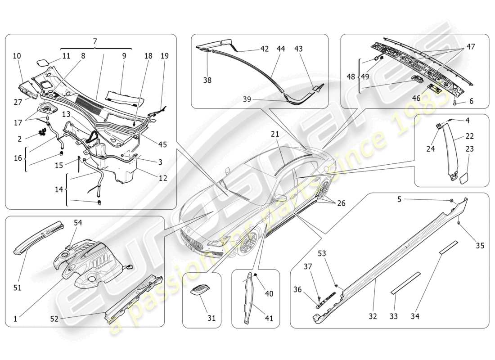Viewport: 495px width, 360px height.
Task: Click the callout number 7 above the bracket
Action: pos(95,41)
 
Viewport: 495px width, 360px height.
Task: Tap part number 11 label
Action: pos(66,56)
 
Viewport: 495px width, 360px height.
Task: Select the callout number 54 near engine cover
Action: pos(78,223)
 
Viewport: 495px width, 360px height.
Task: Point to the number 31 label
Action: pos(211,318)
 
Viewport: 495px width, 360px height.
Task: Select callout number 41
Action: pos(269,318)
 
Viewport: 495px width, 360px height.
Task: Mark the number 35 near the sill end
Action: pos(480,246)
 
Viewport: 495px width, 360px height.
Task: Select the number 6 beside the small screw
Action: pos(471,102)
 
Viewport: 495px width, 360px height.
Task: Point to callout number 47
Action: pos(470,46)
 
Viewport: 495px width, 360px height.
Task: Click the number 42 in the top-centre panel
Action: pos(265,49)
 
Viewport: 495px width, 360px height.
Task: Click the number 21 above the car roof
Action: pos(275,134)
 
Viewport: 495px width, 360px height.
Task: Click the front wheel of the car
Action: pos(247,243)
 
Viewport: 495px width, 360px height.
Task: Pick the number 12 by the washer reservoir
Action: pos(162,178)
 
